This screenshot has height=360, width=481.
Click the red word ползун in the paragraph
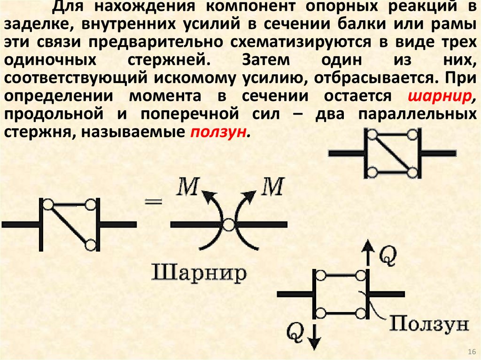pyautogui.click(x=218, y=133)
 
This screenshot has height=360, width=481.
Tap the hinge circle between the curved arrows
pyautogui.click(x=229, y=225)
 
